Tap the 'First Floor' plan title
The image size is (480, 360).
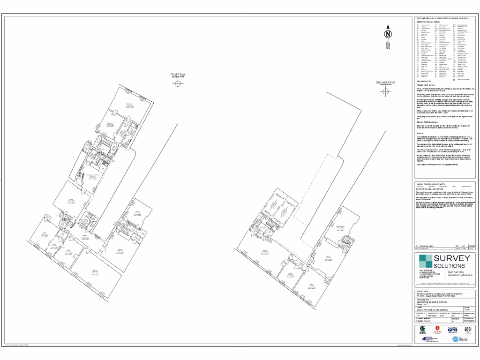(x=178, y=75)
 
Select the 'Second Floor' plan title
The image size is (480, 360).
(x=386, y=82)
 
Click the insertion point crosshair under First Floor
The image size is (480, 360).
(x=178, y=84)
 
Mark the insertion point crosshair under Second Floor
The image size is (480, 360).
(x=386, y=91)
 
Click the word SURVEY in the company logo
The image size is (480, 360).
(x=451, y=259)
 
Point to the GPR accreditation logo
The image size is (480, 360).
(x=452, y=330)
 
